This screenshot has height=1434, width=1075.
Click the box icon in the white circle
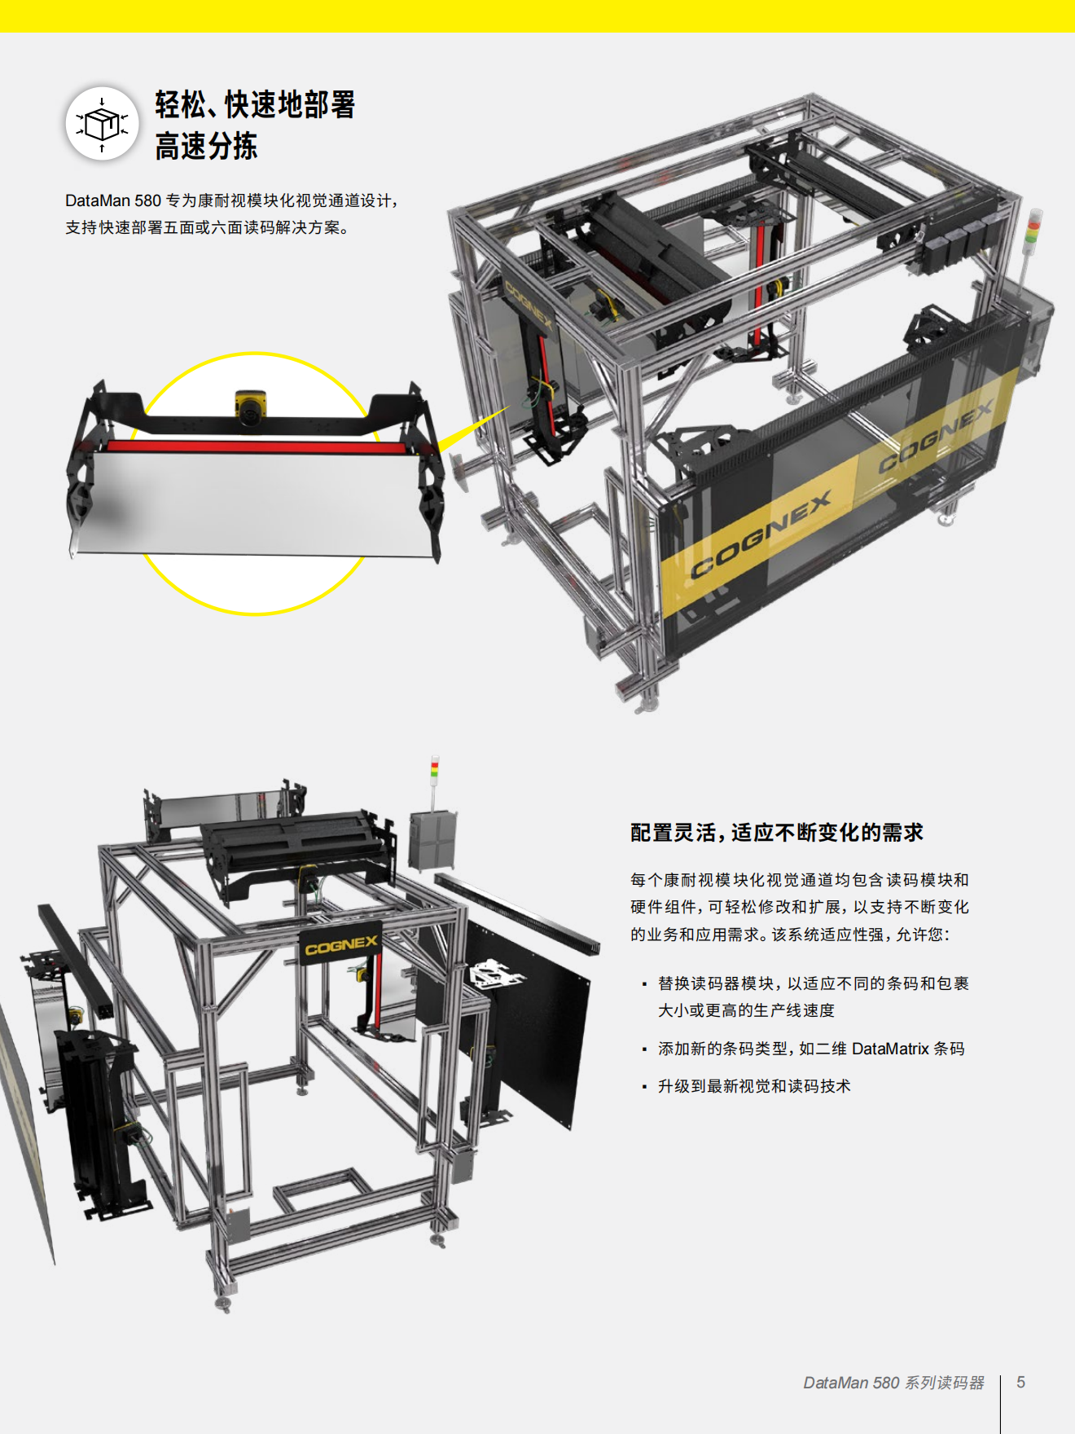pos(102,124)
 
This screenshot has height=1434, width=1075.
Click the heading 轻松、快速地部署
pos(255,104)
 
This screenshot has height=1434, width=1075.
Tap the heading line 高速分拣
pos(206,147)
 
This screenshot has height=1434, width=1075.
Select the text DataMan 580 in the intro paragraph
pos(113,200)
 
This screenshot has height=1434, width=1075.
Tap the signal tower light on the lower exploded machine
pos(435,771)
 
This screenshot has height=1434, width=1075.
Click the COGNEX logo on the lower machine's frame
pos(341,945)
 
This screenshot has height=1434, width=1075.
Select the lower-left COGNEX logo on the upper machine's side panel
pos(761,534)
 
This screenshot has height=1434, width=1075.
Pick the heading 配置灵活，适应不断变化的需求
pos(777,832)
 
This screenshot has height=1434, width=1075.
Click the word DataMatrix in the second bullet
pos(890,1049)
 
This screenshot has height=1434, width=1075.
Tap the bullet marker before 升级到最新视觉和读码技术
pos(644,1087)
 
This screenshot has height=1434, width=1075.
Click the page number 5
pos(1020,1382)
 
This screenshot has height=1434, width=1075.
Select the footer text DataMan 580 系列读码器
pos(893,1383)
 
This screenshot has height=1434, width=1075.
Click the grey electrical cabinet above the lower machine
pos(432,839)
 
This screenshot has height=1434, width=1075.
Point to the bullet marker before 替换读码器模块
pos(644,984)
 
